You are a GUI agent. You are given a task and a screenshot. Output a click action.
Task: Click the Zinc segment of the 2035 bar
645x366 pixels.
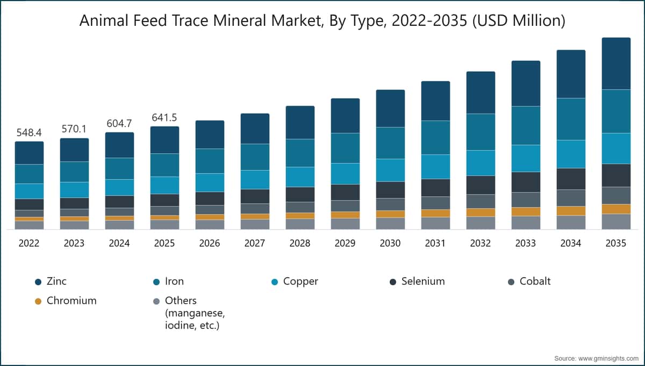click(615, 64)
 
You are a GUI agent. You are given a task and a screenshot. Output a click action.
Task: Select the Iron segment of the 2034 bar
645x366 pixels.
click(570, 119)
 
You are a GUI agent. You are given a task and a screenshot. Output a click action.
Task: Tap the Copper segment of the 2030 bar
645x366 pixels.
click(390, 170)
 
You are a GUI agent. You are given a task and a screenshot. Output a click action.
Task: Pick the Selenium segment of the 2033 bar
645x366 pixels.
click(525, 182)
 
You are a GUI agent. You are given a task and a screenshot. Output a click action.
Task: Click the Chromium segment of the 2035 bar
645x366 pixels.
click(615, 209)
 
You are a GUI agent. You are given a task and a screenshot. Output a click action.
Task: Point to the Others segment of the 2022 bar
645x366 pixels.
click(29, 225)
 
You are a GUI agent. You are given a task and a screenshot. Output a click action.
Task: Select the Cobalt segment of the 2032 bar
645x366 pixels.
click(480, 201)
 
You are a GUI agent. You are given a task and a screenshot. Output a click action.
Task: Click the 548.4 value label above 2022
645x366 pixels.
click(29, 132)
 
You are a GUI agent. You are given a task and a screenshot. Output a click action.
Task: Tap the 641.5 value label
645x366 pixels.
click(164, 117)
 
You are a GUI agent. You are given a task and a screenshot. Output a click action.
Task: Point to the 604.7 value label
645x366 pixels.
click(119, 123)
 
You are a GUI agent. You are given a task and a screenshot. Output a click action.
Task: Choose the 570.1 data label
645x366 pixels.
click(74, 129)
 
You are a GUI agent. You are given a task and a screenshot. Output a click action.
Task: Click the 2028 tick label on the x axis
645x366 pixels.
click(299, 243)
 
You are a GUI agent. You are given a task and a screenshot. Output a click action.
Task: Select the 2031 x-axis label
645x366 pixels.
click(435, 243)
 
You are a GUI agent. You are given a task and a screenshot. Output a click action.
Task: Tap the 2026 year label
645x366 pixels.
click(209, 243)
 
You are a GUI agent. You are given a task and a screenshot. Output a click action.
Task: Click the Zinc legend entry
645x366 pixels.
click(56, 281)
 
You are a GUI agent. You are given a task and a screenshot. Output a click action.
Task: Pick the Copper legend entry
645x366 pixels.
click(300, 281)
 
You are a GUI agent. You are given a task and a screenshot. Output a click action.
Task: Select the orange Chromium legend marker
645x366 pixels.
click(38, 301)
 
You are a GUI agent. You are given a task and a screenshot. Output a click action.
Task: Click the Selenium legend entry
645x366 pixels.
click(423, 281)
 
